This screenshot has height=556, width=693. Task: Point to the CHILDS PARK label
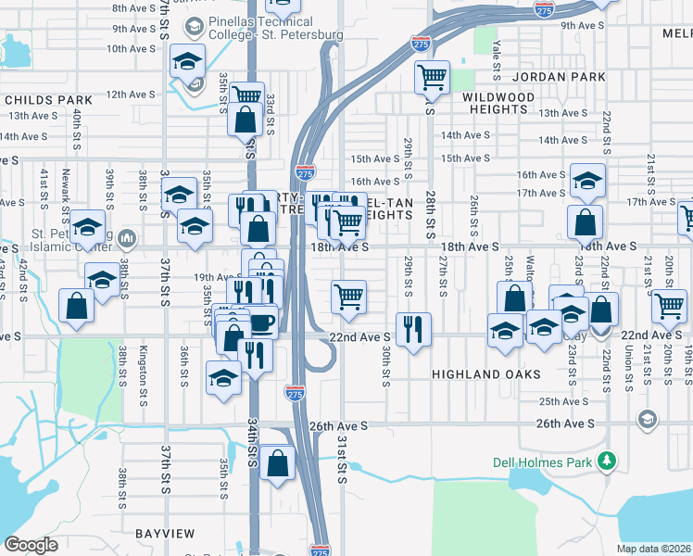tap(48, 99)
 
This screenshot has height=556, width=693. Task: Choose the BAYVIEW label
tap(165, 534)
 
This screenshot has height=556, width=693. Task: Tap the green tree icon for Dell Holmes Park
tap(607, 460)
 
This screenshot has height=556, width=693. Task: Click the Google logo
tap(31, 545)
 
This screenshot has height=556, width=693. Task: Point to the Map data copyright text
tap(654, 549)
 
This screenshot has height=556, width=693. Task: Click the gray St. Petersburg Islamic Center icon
tap(127, 239)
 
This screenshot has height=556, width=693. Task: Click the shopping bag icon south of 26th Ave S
tap(277, 463)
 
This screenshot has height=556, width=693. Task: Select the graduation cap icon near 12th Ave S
tap(186, 62)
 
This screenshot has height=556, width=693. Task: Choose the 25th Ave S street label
tap(565, 401)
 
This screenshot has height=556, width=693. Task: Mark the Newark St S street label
tap(66, 189)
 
